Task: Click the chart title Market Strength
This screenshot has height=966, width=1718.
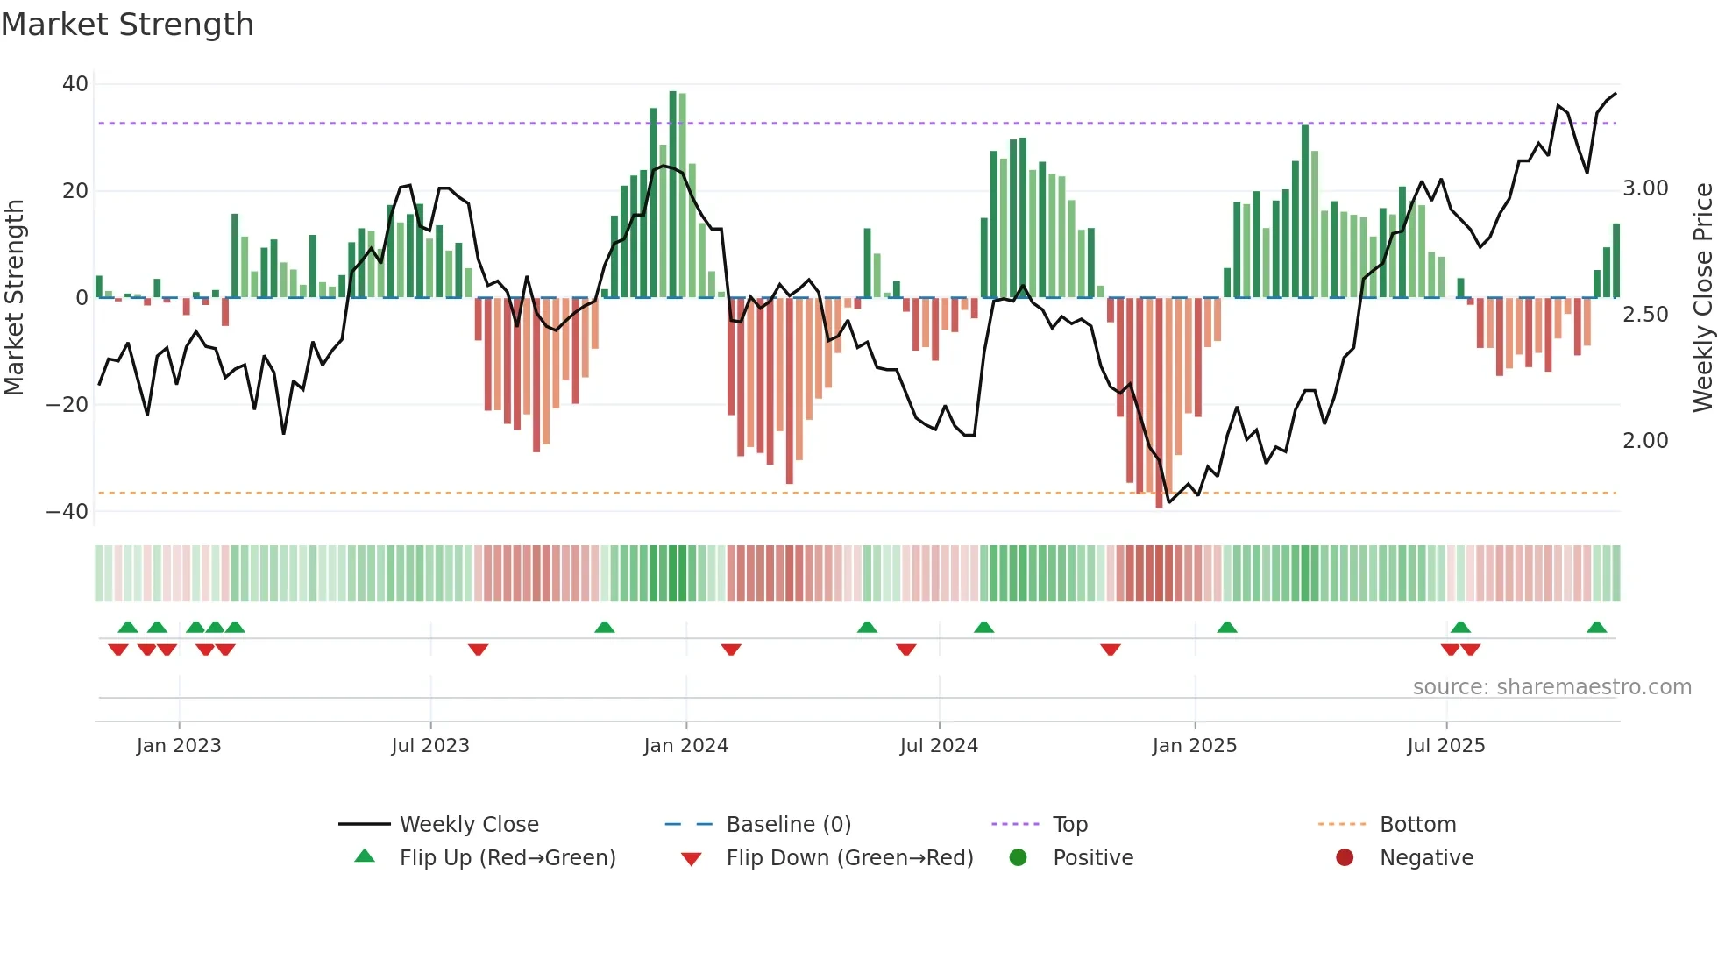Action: point(127,25)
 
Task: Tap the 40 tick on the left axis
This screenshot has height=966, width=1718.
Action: point(75,84)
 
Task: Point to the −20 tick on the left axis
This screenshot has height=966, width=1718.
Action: point(67,405)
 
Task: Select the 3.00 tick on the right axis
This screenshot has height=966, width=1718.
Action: point(1645,188)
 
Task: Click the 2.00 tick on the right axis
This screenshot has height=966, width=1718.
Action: point(1645,441)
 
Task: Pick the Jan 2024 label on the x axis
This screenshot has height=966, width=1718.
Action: point(685,746)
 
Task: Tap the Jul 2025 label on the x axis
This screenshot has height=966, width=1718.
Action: point(1445,746)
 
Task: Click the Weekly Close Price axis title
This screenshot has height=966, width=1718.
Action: point(1702,298)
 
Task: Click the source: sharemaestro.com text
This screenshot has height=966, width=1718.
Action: point(1551,687)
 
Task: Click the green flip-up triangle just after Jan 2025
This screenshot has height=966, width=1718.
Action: point(1227,628)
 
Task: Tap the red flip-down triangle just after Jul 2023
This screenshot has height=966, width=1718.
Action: point(478,650)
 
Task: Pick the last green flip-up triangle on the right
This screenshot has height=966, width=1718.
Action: point(1596,628)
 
